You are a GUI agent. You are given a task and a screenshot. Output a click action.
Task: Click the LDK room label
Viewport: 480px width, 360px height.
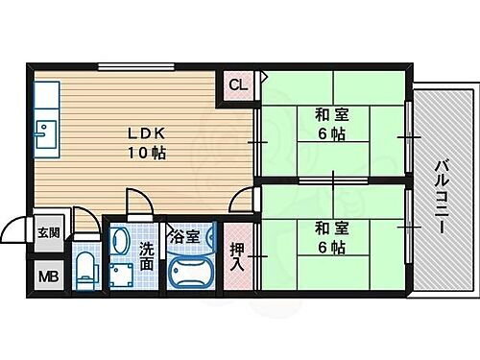(146, 133)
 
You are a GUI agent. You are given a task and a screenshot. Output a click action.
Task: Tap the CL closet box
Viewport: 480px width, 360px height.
(237, 85)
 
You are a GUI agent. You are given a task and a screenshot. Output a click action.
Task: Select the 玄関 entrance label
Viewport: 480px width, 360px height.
(48, 232)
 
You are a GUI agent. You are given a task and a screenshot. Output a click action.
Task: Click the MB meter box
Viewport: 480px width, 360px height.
(48, 277)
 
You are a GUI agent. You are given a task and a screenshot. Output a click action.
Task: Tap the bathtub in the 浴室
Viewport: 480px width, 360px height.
(193, 272)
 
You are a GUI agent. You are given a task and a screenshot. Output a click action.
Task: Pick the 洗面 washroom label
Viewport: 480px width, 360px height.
(146, 256)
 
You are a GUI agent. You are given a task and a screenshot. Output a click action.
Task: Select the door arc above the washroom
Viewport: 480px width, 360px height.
(139, 203)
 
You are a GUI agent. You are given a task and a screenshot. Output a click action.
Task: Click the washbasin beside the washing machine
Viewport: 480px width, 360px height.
(119, 238)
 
